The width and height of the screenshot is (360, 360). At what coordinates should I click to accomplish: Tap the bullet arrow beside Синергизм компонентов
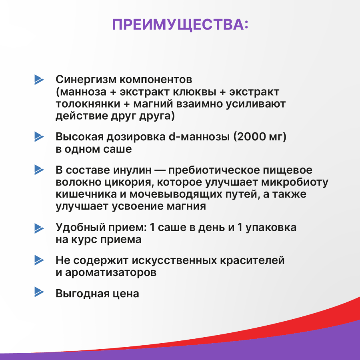[x=39, y=79]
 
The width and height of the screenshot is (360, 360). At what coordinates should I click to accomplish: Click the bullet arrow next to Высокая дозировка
[x=39, y=137]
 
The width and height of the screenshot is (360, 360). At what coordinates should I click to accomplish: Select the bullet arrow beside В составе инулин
[x=39, y=170]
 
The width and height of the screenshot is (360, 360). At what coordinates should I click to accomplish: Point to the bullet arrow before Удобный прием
[x=39, y=228]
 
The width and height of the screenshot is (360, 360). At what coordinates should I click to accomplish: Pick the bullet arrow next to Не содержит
[x=39, y=260]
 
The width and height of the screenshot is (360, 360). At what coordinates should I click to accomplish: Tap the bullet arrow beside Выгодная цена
[x=39, y=292]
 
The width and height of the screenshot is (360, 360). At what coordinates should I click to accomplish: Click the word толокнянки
[x=81, y=104]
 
